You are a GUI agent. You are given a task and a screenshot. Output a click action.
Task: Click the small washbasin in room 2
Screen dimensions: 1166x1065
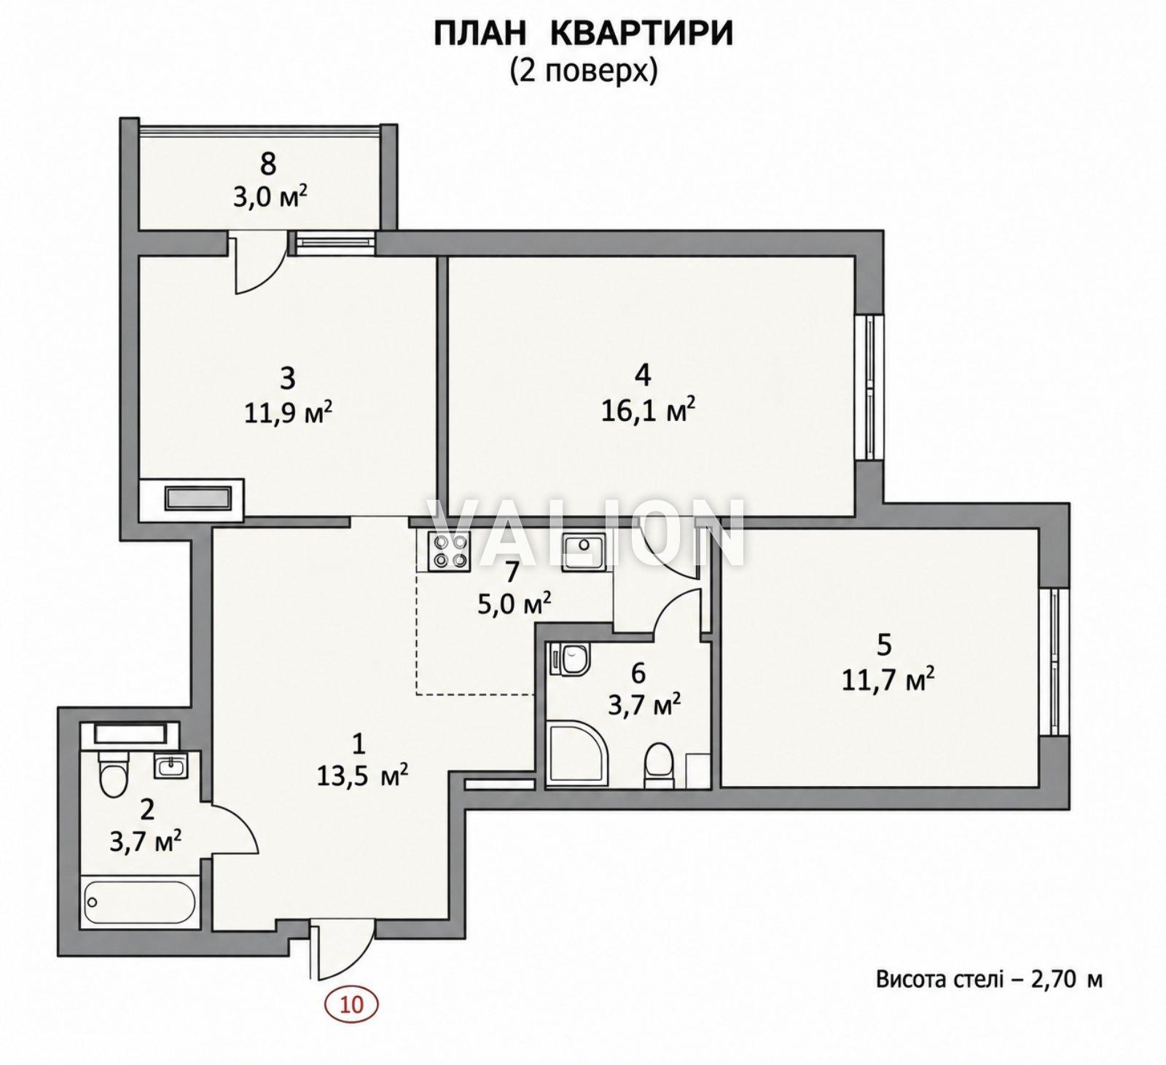[170, 766]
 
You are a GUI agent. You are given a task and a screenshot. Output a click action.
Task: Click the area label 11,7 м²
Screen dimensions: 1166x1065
[888, 681]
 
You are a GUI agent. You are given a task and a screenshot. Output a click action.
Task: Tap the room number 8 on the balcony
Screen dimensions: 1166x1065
[268, 165]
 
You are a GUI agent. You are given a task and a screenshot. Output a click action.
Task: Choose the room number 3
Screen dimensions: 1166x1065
[288, 379]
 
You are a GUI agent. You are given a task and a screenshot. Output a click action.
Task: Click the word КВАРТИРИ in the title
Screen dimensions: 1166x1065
[629, 34]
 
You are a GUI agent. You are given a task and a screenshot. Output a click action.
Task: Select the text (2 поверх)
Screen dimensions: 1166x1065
[584, 71]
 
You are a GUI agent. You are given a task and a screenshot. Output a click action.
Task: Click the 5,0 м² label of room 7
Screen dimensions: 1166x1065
[514, 604]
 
